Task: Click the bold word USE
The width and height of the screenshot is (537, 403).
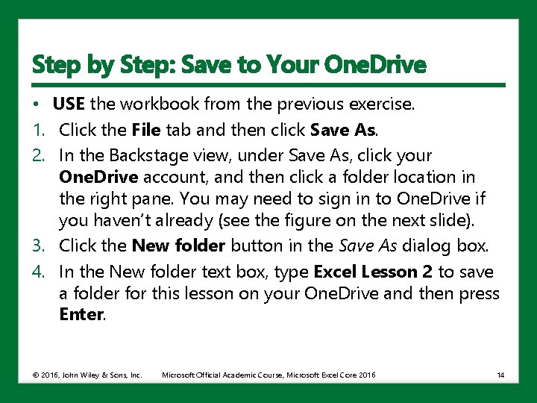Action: pos(68,104)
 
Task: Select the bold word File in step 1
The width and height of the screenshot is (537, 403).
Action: pos(146,130)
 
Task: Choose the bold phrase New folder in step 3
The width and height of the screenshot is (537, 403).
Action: pos(179,245)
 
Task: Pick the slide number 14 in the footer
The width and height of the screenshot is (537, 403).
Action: pos(500,374)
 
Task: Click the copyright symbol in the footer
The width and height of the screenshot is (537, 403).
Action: pos(36,374)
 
